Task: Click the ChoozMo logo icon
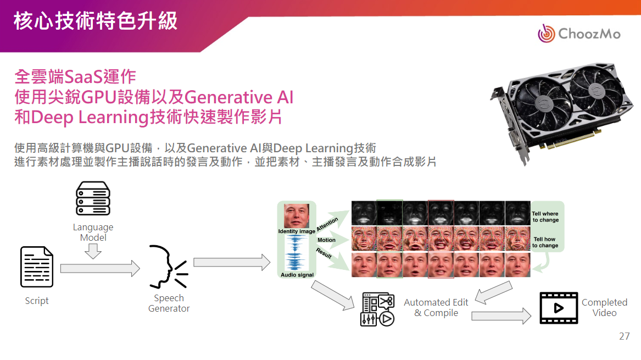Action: [547, 34]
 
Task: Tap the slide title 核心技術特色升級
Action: [96, 21]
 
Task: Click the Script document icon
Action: [37, 267]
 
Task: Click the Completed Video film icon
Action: [559, 308]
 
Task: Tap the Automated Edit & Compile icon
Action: [377, 309]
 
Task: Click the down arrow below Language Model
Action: [93, 251]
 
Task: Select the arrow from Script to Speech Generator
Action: [100, 268]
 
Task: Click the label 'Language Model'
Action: [93, 232]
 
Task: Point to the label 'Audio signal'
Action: [297, 275]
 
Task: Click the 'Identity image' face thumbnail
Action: [297, 216]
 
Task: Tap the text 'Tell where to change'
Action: [545, 217]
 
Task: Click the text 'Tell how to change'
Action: [545, 242]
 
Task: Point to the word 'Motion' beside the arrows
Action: [326, 240]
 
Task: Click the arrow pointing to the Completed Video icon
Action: [501, 316]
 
